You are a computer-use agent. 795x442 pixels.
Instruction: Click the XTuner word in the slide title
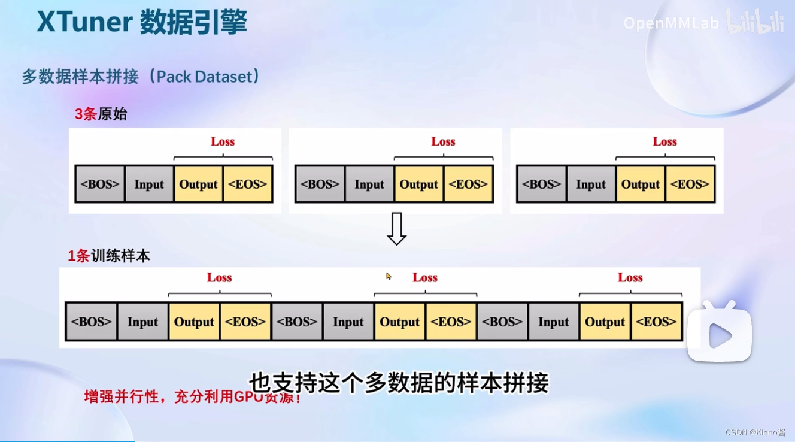coord(84,23)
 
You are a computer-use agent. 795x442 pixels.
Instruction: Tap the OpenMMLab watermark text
coord(670,23)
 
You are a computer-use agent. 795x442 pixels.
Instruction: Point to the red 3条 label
coord(86,114)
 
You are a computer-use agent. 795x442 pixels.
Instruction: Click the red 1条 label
coord(78,256)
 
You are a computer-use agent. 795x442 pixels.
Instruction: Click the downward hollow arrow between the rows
coord(396,228)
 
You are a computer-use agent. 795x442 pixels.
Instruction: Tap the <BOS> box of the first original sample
coord(100,184)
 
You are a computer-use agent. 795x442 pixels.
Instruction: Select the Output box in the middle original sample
coord(419,184)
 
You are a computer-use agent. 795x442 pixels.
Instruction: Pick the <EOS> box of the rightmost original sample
coord(690,184)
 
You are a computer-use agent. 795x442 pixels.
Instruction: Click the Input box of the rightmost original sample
coord(591,184)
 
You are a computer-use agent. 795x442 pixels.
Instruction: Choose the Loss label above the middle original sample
coord(443,141)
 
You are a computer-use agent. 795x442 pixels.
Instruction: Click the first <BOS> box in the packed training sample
coord(91,322)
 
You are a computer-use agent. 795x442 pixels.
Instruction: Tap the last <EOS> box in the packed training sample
coord(656,322)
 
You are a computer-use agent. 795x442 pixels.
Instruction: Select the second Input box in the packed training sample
coord(348,322)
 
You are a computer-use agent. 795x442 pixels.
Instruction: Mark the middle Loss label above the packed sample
coord(425,277)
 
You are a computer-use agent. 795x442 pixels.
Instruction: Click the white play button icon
coord(719,335)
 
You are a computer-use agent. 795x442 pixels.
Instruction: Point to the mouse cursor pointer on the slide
coord(389,276)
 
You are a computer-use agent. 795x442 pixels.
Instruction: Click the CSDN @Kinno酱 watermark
coord(755,432)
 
